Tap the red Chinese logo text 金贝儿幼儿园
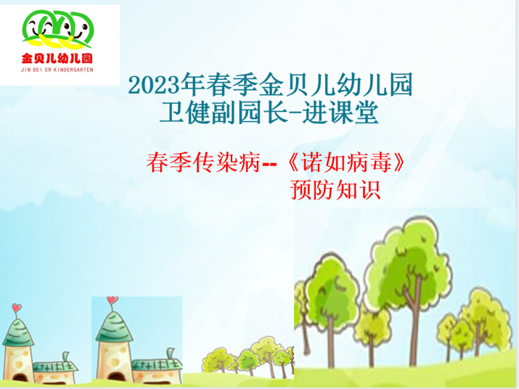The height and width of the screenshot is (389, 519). (x=57, y=58)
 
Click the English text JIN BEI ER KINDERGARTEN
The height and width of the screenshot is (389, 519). (x=57, y=70)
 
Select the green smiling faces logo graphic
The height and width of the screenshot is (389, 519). (x=58, y=29)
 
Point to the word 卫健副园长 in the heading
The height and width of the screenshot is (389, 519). (x=224, y=113)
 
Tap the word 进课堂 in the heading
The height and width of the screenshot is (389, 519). (x=341, y=113)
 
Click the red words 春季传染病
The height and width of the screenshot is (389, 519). (x=203, y=162)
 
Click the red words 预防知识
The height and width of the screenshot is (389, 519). (x=335, y=190)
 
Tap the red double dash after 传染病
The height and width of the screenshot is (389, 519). (x=269, y=164)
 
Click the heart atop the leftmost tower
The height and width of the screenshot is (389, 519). (x=17, y=308)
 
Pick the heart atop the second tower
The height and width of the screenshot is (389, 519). (x=112, y=300)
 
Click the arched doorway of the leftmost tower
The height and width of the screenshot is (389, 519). (x=20, y=378)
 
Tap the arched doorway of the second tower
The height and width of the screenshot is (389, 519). (x=116, y=378)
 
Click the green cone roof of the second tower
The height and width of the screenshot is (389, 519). (x=114, y=326)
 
